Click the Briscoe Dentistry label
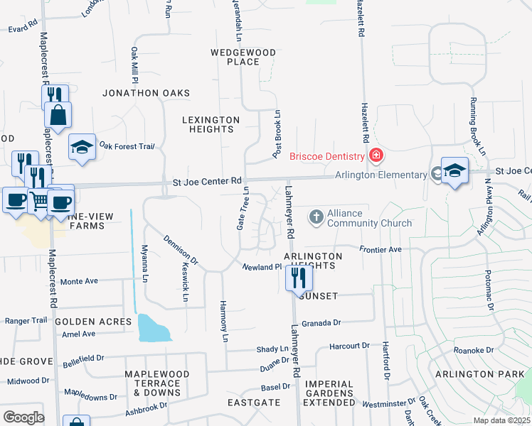pyautogui.click(x=326, y=156)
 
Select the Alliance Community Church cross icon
pyautogui.click(x=316, y=215)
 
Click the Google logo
pyautogui.click(x=23, y=417)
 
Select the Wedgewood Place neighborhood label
pyautogui.click(x=235, y=57)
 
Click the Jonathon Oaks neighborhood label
pyautogui.click(x=147, y=93)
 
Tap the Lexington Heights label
pyautogui.click(x=211, y=124)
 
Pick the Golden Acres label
pyautogui.click(x=93, y=322)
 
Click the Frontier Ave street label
pyautogui.click(x=381, y=250)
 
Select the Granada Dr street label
pyautogui.click(x=321, y=323)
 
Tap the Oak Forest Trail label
pyautogui.click(x=127, y=146)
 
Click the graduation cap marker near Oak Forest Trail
pyautogui.click(x=83, y=147)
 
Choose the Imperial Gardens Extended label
pyautogui.click(x=329, y=398)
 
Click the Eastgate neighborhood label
pyautogui.click(x=254, y=402)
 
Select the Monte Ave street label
pyautogui.click(x=79, y=282)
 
